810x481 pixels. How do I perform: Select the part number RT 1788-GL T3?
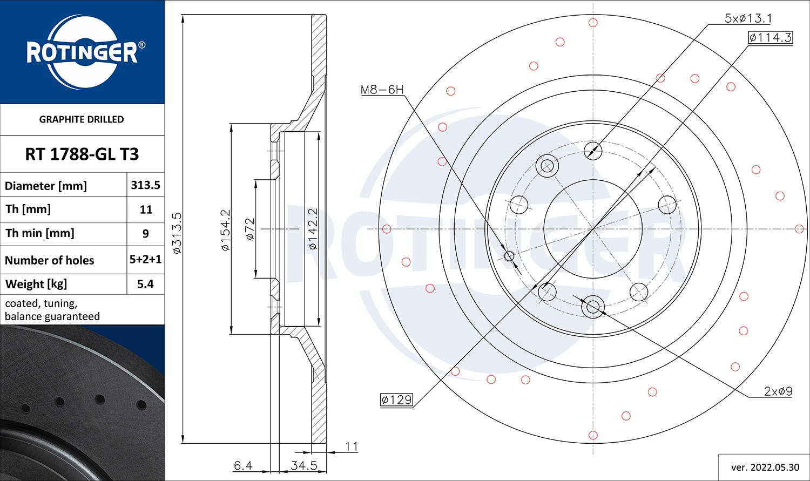[x=82, y=154]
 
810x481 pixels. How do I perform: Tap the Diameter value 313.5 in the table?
[x=145, y=185]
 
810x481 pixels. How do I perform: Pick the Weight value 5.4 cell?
[x=145, y=284]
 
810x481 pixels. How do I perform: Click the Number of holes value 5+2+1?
[x=145, y=260]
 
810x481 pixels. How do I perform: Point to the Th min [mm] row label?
[x=40, y=233]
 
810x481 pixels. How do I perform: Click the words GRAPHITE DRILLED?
[x=82, y=119]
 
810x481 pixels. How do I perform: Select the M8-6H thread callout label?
[x=382, y=90]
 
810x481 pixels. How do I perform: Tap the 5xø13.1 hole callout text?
[x=748, y=18]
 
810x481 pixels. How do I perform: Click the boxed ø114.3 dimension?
[x=770, y=37]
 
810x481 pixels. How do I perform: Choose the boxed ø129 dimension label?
[x=396, y=399]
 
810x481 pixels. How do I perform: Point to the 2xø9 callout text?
[x=778, y=391]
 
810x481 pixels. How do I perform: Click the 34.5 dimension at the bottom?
[x=303, y=465]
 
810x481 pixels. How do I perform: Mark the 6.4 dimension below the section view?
[x=243, y=465]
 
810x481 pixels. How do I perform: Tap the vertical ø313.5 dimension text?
[x=177, y=233]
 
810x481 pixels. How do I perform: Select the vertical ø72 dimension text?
[x=249, y=229]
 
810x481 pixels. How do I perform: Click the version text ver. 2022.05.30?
[x=765, y=467]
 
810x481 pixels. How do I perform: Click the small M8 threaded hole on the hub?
[x=509, y=255]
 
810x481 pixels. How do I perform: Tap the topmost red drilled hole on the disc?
[x=593, y=23]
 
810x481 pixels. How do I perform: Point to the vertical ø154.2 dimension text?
[x=225, y=230]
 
